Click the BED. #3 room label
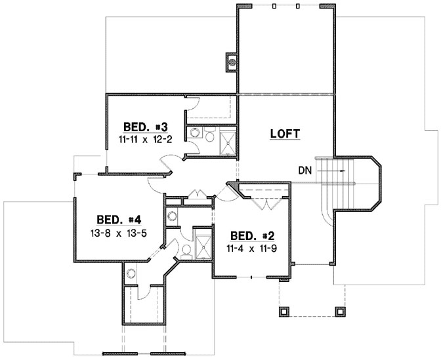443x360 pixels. click(145, 127)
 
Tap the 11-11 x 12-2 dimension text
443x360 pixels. click(145, 139)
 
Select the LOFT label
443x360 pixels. click(285, 134)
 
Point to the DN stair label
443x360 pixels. click(304, 170)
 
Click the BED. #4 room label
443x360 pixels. click(119, 219)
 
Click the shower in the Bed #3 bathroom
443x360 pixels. click(228, 143)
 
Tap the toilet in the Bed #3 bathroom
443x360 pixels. click(209, 136)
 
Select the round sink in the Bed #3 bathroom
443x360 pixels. click(195, 133)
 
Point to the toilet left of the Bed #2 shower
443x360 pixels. click(186, 248)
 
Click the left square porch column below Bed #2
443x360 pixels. click(284, 310)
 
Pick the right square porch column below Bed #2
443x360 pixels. click(340, 310)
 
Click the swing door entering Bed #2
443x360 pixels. click(227, 192)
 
